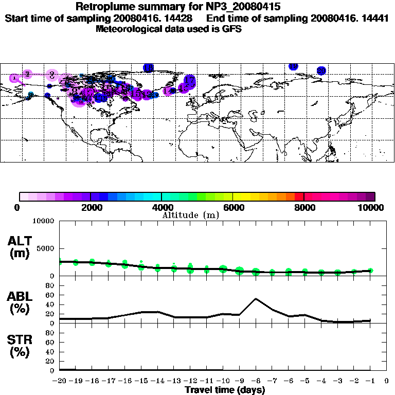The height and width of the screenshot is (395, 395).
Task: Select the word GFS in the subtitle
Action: coord(231,29)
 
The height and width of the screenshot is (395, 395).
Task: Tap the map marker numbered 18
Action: coord(149,67)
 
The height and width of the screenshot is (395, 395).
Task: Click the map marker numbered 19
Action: coord(293,66)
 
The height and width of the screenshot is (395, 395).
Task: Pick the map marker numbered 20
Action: coord(321,70)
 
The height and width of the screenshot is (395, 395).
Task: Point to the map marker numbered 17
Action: coord(190,80)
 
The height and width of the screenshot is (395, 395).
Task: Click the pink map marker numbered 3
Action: coord(52,75)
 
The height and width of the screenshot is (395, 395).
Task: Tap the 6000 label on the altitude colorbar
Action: coord(233,207)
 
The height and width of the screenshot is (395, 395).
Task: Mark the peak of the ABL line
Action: coord(256,298)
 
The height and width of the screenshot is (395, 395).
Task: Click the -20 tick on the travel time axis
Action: coord(60,381)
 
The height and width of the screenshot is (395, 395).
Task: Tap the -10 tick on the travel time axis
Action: coord(223,381)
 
